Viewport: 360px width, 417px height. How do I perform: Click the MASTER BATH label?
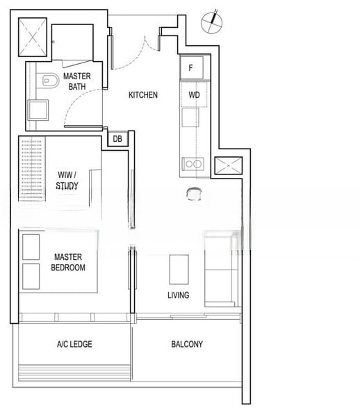[77, 81]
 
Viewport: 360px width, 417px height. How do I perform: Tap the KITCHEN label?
[143, 95]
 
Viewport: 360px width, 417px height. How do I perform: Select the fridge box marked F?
[191, 67]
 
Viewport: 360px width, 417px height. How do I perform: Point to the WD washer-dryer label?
[194, 95]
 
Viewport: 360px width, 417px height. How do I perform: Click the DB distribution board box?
[117, 138]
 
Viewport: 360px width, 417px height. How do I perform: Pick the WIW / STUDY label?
[67, 180]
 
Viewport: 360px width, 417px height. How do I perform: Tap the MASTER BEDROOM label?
[68, 262]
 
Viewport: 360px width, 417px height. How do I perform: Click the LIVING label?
[179, 295]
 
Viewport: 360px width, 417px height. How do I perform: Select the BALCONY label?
[187, 344]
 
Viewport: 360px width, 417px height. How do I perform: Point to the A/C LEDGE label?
[74, 344]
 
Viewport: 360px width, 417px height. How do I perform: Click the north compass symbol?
[212, 22]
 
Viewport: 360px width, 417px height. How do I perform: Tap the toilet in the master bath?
[51, 81]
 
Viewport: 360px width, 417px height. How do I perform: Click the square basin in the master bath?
[38, 110]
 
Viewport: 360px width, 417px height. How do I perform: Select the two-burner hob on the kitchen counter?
[193, 164]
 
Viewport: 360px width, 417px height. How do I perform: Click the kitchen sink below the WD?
[190, 117]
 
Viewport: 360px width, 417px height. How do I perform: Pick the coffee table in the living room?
[179, 270]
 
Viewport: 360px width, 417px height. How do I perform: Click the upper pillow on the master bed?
[31, 247]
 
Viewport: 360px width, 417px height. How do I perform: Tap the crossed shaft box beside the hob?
[229, 165]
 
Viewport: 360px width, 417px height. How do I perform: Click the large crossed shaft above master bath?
[33, 37]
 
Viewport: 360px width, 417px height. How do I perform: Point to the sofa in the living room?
[221, 269]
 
